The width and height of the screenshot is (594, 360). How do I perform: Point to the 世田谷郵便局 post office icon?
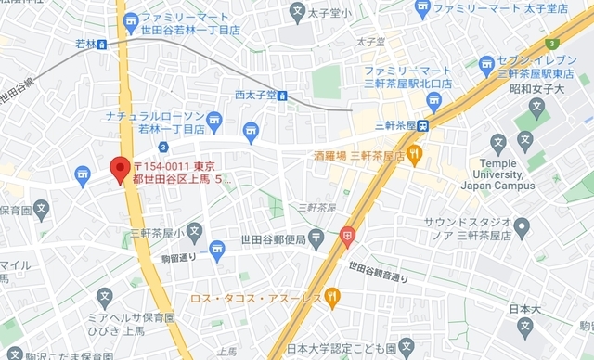coord(316,238)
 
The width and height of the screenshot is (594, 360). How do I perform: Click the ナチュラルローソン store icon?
coord(214,119)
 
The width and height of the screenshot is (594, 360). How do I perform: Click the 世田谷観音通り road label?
coord(379,271)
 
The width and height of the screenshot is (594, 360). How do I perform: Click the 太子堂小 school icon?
coord(297,12)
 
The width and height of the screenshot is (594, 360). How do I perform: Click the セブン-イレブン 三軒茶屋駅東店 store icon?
coord(486,64)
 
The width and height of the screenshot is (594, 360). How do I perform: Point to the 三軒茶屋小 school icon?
coord(193,232)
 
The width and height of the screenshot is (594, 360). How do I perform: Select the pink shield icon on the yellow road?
coord(347,237)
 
